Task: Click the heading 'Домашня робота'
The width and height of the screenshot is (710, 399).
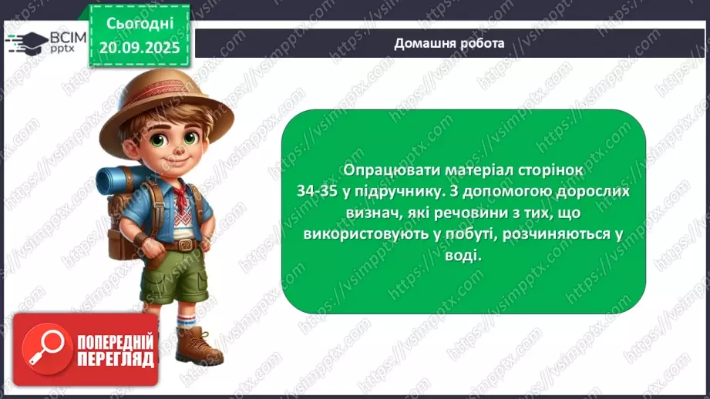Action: point(449,43)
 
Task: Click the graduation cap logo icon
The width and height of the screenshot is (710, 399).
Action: point(29,42)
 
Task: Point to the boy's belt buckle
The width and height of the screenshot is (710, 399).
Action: point(184,246)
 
